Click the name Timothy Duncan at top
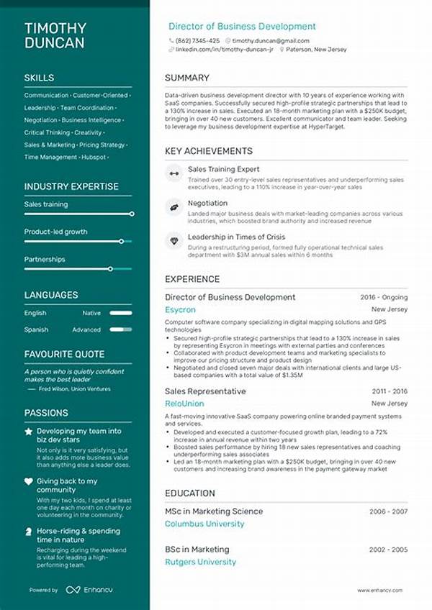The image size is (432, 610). tap(55, 35)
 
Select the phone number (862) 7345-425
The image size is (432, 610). tap(197, 41)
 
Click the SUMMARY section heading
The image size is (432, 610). tap(186, 78)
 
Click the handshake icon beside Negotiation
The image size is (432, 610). tap(174, 207)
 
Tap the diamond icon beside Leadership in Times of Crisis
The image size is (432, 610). tap(174, 240)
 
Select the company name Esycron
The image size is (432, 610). tap(180, 310)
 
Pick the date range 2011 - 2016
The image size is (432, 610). tap(390, 391)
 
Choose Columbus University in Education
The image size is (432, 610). tap(204, 524)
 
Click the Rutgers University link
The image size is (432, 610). tap(200, 562)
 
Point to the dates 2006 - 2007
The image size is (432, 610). tap(389, 511)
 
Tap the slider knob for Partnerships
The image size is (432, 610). tap(110, 268)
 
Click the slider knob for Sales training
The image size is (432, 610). tap(132, 214)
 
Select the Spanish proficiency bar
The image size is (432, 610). tap(122, 329)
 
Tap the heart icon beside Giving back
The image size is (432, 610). tap(29, 481)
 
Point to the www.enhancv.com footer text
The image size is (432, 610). tap(382, 591)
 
